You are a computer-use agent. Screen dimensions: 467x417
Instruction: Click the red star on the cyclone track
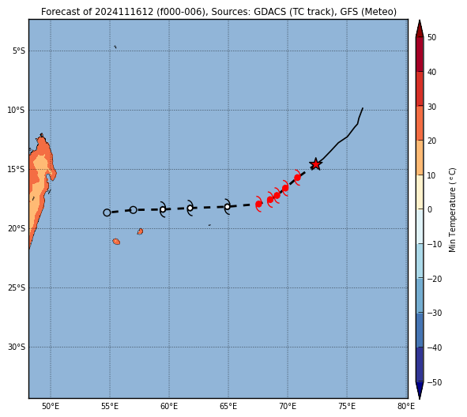point(315,164)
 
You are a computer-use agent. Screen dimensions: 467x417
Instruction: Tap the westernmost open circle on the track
point(107,212)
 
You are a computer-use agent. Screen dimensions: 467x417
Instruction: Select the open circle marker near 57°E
point(134,210)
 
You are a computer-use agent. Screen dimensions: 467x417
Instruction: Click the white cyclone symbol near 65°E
point(228,207)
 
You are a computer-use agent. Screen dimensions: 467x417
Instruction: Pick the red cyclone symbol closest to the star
point(297,178)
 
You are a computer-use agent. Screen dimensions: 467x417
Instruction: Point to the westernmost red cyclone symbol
point(259,204)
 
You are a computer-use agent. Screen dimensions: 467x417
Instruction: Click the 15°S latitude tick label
point(17,169)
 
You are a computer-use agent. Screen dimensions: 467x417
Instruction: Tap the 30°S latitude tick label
point(17,347)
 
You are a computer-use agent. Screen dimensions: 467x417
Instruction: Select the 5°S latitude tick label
point(19,51)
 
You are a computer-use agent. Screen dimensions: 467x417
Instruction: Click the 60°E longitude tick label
point(169,406)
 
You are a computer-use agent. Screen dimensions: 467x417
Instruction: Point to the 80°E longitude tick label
point(406,406)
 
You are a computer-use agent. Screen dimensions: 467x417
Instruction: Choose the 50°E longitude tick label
point(51,406)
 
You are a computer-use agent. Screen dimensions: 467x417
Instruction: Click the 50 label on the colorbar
point(431,37)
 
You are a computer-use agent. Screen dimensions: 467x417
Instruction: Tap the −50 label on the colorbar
point(435,382)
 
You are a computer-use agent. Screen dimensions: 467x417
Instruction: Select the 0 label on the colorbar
point(430,209)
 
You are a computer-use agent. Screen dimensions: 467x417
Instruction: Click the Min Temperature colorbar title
point(452,210)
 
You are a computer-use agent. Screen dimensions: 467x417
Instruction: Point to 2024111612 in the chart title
point(124,12)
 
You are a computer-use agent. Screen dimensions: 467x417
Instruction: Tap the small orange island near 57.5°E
point(140,231)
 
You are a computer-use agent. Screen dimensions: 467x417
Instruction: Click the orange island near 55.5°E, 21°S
point(116,242)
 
